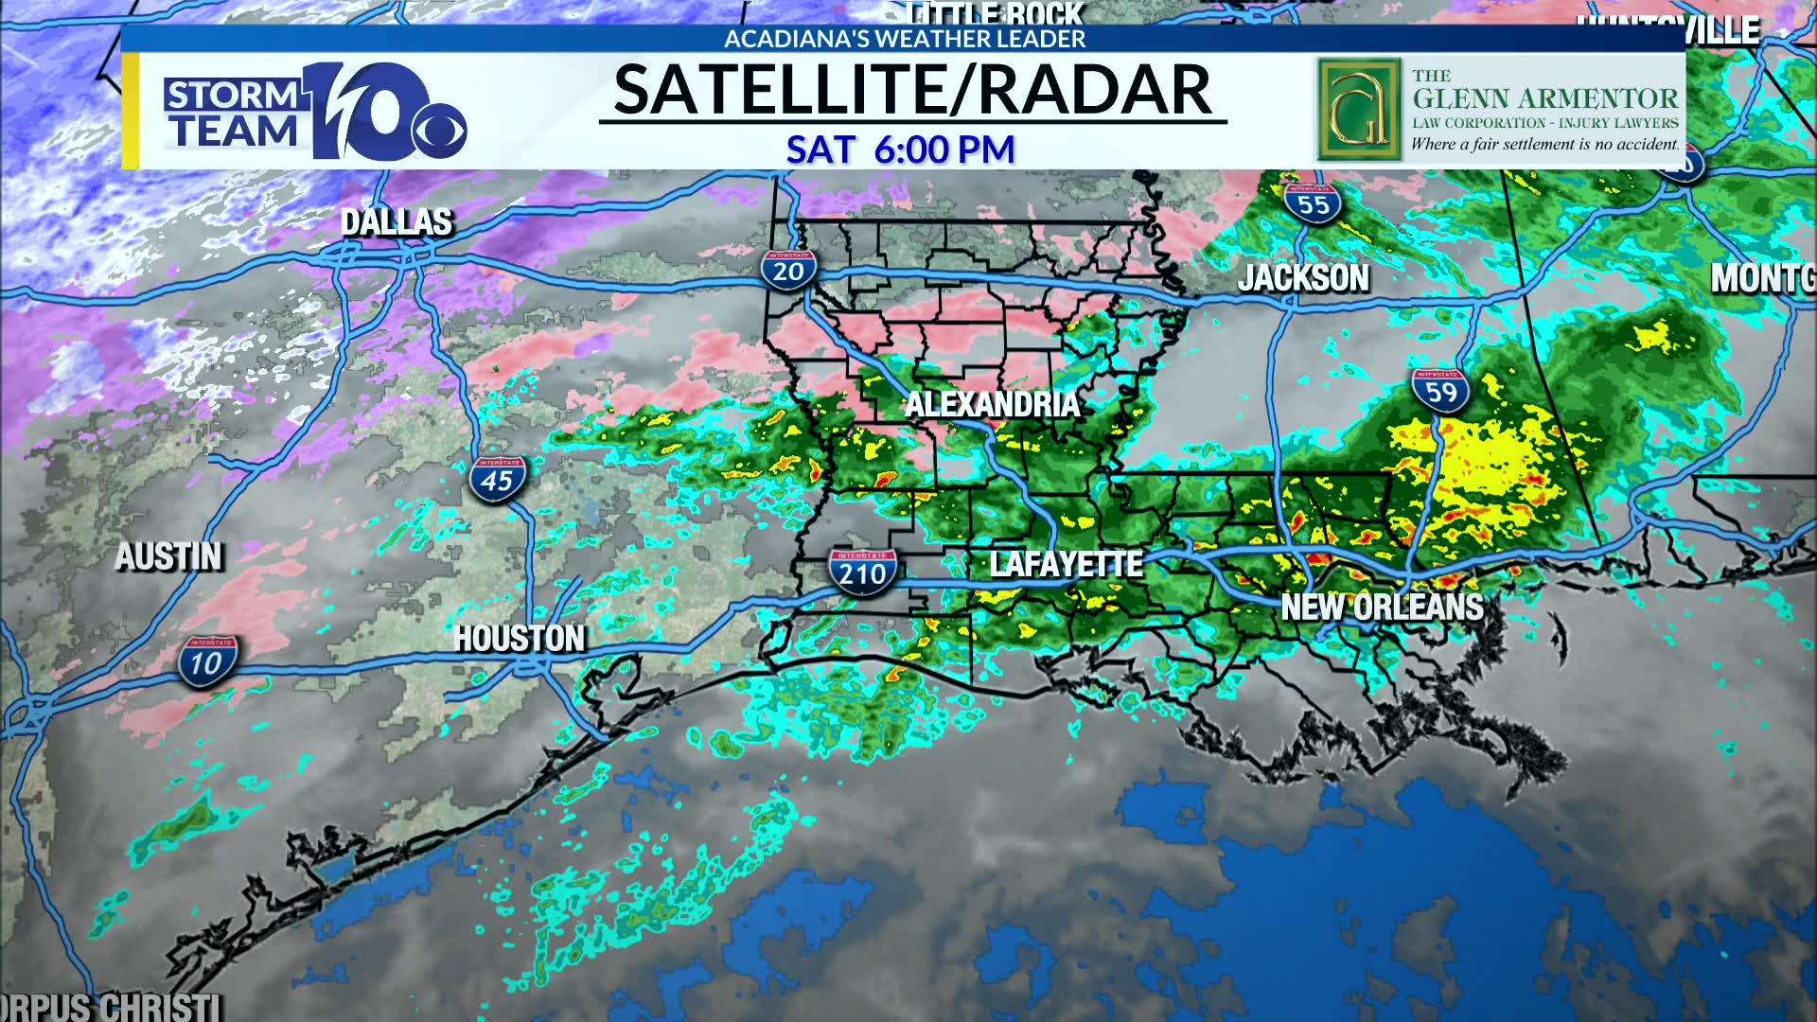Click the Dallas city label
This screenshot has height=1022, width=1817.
coord(397,221)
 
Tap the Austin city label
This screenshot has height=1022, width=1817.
coord(168,556)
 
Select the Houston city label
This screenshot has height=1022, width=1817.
coord(519,639)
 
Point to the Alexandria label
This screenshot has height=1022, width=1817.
coord(992,405)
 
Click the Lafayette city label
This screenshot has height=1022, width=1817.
coord(1066,565)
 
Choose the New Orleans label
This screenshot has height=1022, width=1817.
coord(1382,607)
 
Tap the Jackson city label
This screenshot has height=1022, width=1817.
coord(1303,278)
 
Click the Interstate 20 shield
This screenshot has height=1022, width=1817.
coord(788,271)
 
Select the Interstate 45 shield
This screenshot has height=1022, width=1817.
coord(497,479)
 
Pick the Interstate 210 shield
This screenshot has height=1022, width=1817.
coord(862,572)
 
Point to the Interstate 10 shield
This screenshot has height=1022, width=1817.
coord(207,661)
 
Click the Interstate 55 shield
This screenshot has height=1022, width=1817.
coord(1313,203)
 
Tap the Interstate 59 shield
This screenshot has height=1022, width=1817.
coord(1440,391)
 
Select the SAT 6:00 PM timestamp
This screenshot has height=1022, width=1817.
coord(900,150)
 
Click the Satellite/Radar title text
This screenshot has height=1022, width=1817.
coord(912,91)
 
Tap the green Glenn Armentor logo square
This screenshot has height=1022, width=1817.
coord(1358,110)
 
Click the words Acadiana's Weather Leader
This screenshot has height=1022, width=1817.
coord(905,39)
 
